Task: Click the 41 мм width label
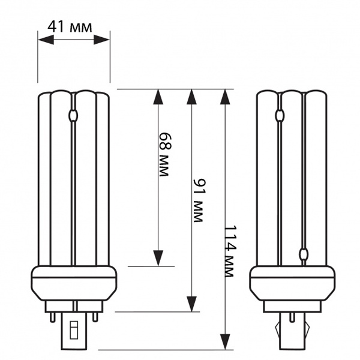click(x=70, y=27)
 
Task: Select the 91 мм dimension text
click(x=199, y=200)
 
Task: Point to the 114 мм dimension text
click(x=230, y=251)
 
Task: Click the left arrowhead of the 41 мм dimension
click(x=46, y=40)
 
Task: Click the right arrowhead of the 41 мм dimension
click(x=101, y=40)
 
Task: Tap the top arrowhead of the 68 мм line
click(x=158, y=97)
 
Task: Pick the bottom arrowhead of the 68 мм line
click(x=158, y=258)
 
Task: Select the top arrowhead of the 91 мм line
click(x=192, y=97)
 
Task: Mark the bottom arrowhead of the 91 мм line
click(x=192, y=304)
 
